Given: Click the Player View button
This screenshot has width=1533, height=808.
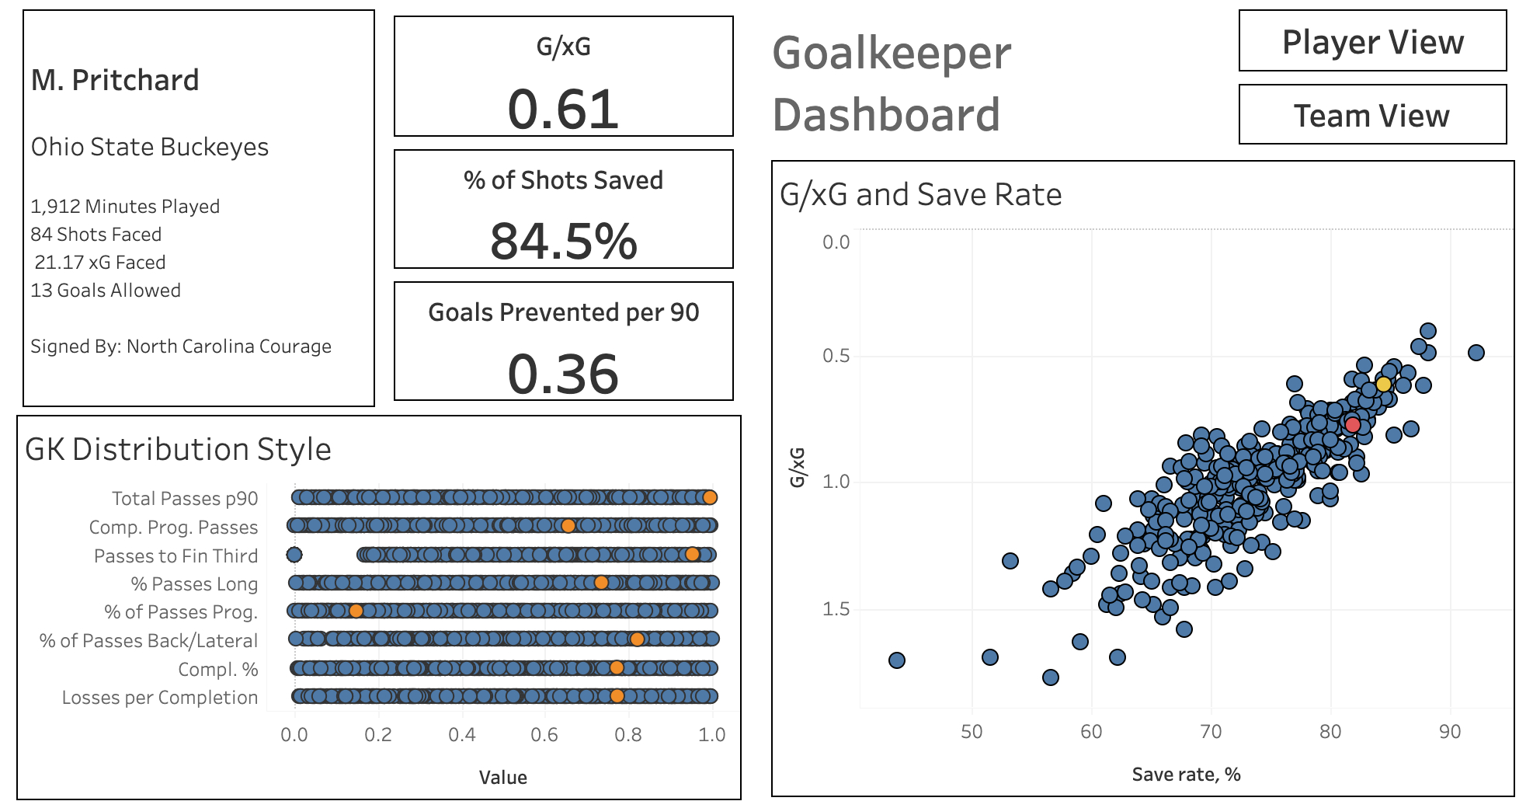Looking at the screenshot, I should tap(1372, 42).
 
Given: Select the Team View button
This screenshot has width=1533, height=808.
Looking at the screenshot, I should tap(1372, 116).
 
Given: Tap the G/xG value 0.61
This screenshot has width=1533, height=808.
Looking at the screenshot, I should tap(563, 110).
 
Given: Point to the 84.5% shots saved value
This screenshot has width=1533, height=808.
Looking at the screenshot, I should tap(563, 241).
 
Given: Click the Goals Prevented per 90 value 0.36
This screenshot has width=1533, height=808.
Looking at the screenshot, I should tap(563, 374).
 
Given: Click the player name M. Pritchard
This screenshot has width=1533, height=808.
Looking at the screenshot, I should tap(115, 80).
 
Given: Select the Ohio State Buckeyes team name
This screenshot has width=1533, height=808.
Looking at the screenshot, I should tap(150, 147).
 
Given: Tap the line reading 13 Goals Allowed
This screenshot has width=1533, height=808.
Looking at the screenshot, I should tap(106, 291).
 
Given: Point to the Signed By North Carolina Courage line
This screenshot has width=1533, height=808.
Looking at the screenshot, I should tap(181, 347).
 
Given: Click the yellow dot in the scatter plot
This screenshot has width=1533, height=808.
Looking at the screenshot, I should tap(1383, 385).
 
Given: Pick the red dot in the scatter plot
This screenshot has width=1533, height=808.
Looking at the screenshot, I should tap(1353, 425).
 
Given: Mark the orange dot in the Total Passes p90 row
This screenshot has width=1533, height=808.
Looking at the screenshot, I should tap(709, 497).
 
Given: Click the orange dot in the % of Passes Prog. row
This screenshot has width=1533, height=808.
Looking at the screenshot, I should tap(356, 611).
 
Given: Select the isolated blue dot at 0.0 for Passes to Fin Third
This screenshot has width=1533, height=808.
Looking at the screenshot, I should tap(294, 555).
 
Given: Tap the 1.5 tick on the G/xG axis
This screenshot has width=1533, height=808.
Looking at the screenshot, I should tap(836, 609).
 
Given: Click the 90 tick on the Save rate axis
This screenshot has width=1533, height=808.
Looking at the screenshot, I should tap(1449, 732).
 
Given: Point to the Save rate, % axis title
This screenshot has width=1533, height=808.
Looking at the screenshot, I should tap(1186, 775).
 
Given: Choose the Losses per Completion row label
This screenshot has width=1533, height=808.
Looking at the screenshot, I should tap(160, 698).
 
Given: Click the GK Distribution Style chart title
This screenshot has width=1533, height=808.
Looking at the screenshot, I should tap(179, 450).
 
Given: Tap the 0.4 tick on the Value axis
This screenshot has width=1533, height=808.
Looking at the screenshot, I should tap(462, 735).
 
